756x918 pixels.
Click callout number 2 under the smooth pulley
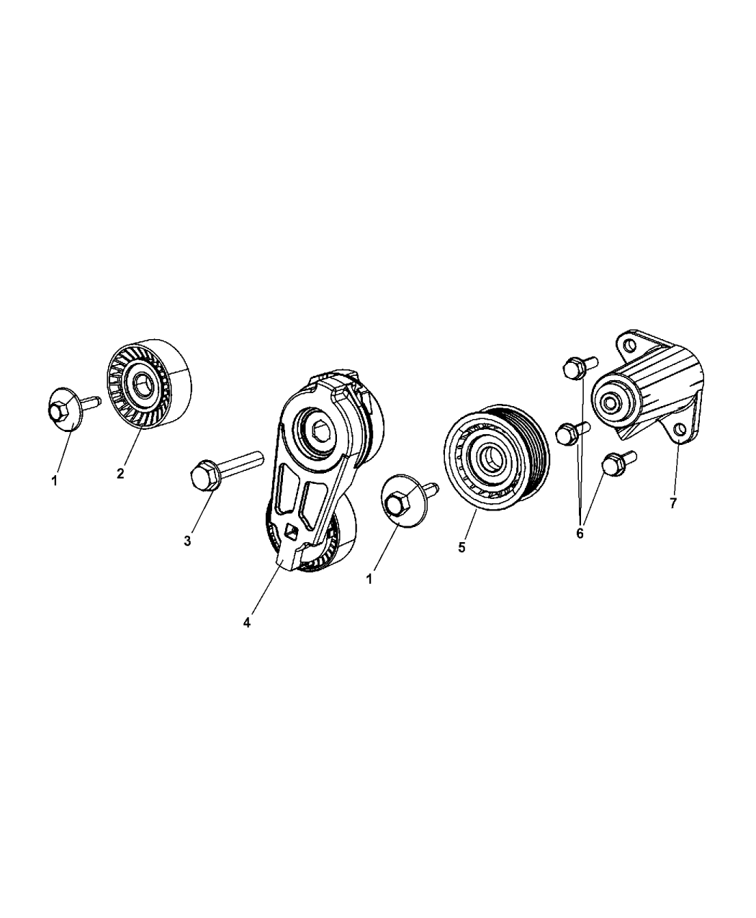point(120,473)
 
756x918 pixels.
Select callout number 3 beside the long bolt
point(187,540)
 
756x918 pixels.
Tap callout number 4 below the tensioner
point(247,624)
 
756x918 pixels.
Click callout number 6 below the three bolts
point(580,534)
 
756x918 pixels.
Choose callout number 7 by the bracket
point(673,503)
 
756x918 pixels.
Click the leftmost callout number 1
point(54,480)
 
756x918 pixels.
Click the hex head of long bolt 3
point(202,477)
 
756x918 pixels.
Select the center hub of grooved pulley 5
point(490,456)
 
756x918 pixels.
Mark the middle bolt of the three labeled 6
point(567,433)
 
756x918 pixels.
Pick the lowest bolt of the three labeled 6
point(612,464)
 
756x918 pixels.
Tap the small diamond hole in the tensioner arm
point(291,531)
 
